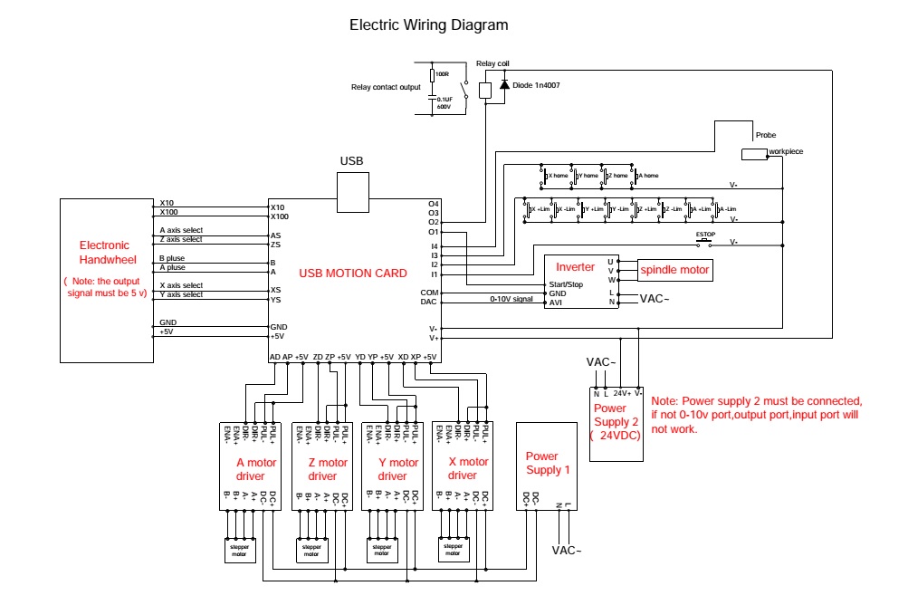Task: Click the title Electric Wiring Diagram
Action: coord(429,25)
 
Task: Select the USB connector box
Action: coord(351,191)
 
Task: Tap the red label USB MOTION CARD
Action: coord(353,273)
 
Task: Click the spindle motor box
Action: coord(674,270)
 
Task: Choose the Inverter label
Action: coord(575,267)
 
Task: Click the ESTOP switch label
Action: coord(705,235)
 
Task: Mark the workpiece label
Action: coord(786,151)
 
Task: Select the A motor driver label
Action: coord(256,469)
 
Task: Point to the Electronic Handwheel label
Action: coord(104,251)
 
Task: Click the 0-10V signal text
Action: coord(511,299)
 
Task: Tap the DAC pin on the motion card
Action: coord(429,302)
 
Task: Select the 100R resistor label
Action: coord(442,74)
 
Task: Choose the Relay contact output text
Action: coord(386,87)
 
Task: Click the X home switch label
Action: coord(559,175)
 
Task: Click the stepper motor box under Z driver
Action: coord(311,551)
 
